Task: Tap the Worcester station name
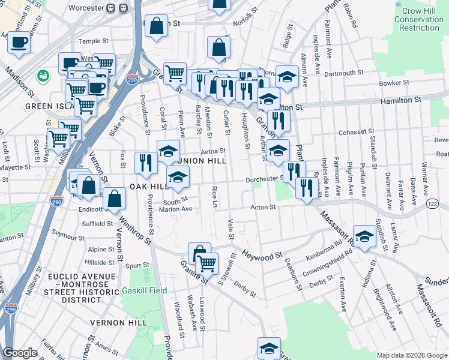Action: pos(83,10)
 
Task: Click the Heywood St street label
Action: pos(262,256)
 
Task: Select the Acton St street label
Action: pos(262,208)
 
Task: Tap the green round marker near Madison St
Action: pos(43,76)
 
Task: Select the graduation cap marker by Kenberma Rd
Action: pos(364,236)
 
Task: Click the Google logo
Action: pos(20,353)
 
